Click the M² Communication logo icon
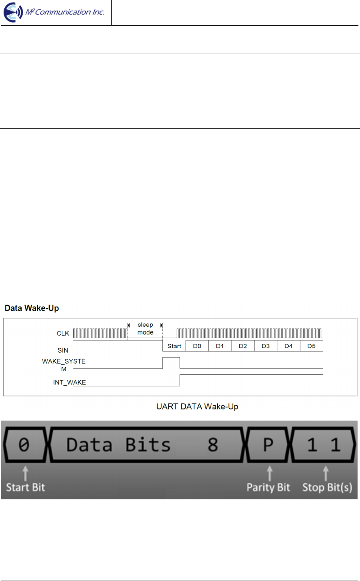[x=13, y=12]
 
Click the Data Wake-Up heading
[x=32, y=308]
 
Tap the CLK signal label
[x=63, y=333]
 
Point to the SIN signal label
[x=63, y=350]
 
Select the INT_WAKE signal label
[x=69, y=382]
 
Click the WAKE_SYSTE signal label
[x=64, y=361]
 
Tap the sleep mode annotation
[x=145, y=329]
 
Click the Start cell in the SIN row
[x=174, y=346]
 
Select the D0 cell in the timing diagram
[x=197, y=346]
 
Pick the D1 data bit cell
[x=220, y=346]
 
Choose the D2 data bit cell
[x=243, y=346]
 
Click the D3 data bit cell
[x=266, y=346]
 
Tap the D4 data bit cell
[x=289, y=346]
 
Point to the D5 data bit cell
[x=312, y=346]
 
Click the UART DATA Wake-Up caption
[x=197, y=407]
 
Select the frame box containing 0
[x=24, y=445]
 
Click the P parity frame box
[x=268, y=445]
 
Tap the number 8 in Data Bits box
[x=213, y=445]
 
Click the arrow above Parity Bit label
[x=270, y=473]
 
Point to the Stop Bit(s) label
[x=327, y=488]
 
